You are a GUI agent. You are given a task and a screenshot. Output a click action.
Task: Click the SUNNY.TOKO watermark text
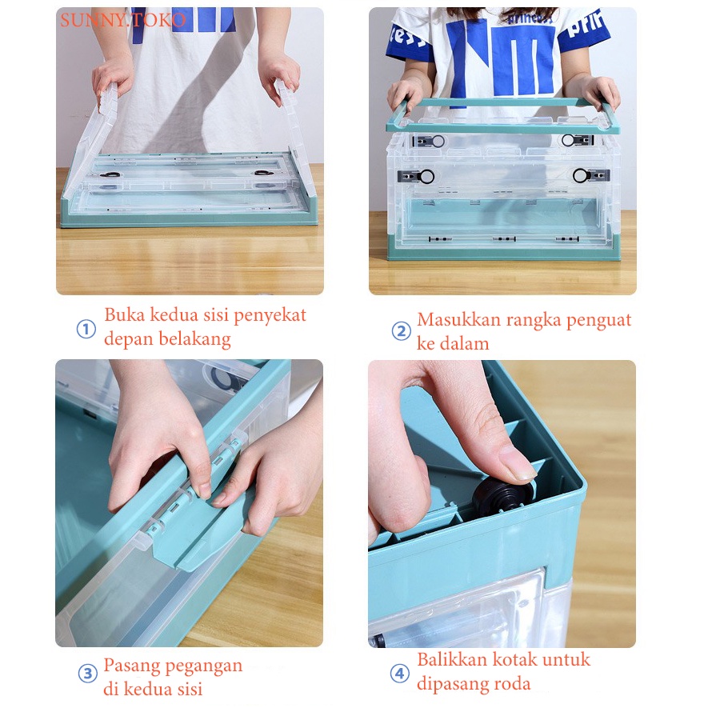123,20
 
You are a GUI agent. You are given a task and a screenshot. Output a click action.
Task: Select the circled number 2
401,331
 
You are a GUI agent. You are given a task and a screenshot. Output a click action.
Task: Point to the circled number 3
88,674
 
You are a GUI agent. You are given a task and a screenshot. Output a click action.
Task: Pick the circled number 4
399,674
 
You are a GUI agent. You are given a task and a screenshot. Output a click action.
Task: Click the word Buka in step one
125,314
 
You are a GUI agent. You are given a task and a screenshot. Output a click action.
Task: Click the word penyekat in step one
270,316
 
